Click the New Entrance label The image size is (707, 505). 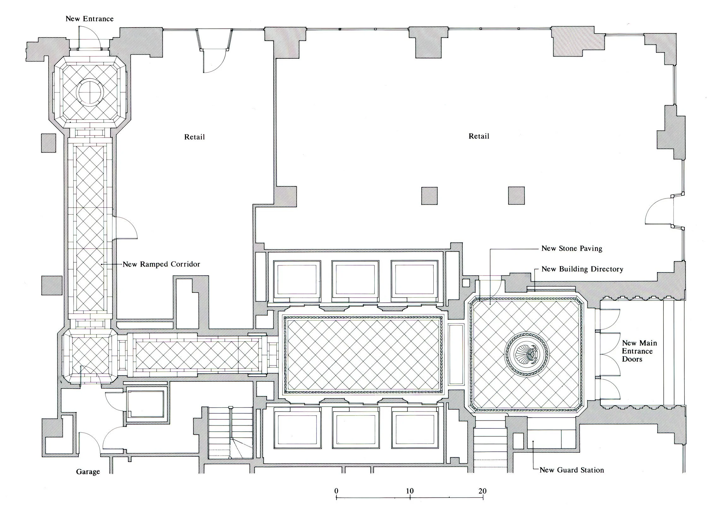[89, 19]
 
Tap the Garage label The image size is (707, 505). [88, 472]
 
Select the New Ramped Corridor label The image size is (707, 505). [161, 264]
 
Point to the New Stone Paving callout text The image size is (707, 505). [572, 248]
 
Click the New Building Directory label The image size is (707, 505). [582, 269]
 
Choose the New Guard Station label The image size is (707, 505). [572, 470]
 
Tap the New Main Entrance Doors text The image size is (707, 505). [639, 351]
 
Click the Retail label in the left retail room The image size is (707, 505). [194, 137]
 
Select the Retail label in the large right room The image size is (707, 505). [479, 136]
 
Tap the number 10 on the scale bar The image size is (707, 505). [409, 491]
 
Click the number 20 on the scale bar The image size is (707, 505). [482, 491]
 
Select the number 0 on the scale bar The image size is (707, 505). [336, 491]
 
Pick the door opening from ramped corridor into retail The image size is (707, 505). [126, 228]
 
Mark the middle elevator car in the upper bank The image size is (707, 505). [355, 281]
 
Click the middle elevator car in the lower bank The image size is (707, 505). [355, 428]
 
